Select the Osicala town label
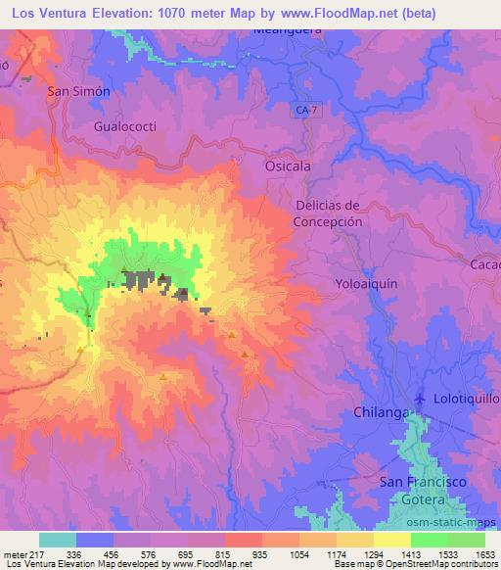pos(288,166)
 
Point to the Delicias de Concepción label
pos(330,214)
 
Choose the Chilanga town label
pos(379,413)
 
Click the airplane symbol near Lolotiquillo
pos(421,399)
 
